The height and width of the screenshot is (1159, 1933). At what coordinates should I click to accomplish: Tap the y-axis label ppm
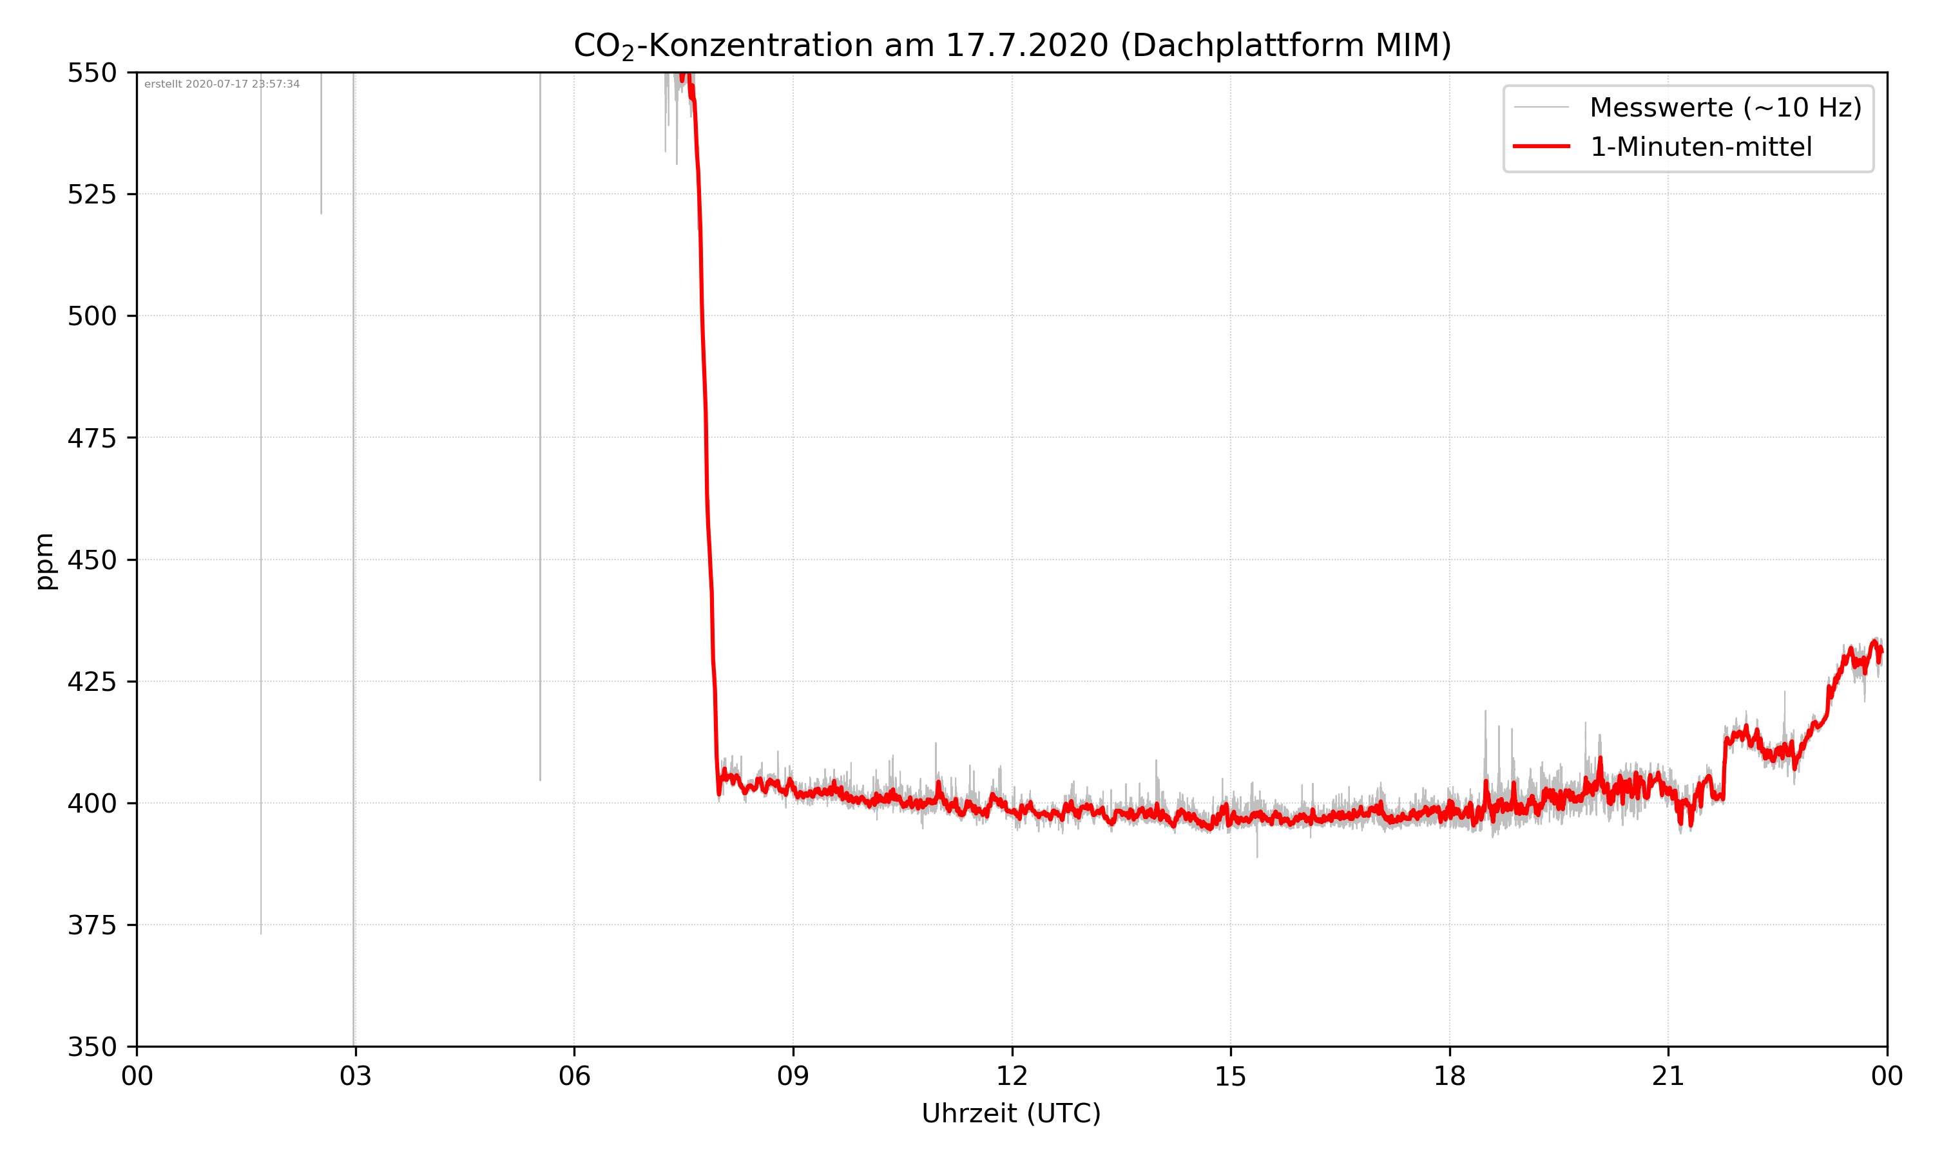coord(44,561)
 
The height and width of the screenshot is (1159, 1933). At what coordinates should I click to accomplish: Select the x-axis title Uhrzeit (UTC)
coord(1011,1113)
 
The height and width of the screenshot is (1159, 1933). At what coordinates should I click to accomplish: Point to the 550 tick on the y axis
coord(91,73)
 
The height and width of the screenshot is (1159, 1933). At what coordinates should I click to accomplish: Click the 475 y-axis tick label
coord(91,438)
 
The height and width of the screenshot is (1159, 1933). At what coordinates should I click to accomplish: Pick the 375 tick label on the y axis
coord(91,925)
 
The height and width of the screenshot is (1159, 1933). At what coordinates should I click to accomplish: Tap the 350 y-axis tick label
coord(91,1048)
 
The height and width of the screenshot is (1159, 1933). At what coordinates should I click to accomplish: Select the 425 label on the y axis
coord(91,682)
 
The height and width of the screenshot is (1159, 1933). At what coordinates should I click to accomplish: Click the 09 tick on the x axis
coord(793,1076)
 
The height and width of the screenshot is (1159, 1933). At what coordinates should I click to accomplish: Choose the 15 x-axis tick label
coord(1231,1076)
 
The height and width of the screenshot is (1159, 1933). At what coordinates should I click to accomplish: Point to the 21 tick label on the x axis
coord(1668,1076)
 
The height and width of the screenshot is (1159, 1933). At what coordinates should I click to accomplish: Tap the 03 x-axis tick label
coord(356,1076)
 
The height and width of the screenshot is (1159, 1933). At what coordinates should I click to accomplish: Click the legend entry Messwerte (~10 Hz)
coord(1725,108)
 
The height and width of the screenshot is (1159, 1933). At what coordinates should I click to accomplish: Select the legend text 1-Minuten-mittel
coord(1700,147)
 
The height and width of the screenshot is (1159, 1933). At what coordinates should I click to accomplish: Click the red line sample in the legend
coord(1541,146)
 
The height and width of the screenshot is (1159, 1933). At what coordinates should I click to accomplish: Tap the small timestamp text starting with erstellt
coord(222,84)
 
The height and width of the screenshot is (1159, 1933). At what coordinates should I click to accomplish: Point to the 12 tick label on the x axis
coord(1012,1076)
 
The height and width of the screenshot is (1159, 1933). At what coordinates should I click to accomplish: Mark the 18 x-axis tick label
coord(1449,1076)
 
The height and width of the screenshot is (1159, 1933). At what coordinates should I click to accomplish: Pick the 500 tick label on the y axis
coord(91,316)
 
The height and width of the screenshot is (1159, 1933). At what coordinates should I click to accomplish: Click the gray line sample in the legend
coord(1541,107)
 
